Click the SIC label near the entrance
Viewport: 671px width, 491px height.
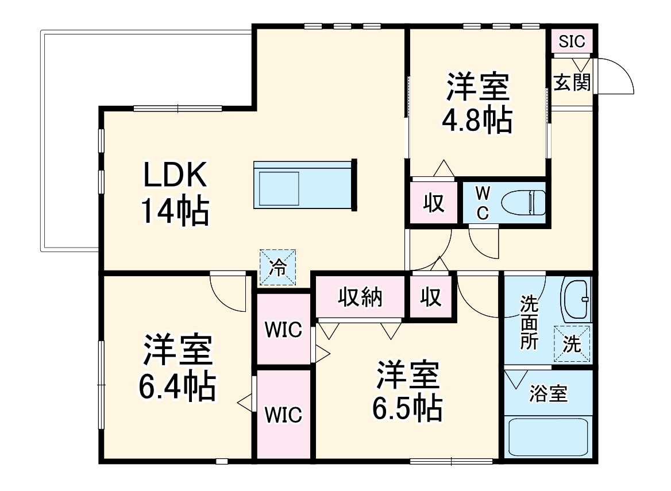tap(572, 41)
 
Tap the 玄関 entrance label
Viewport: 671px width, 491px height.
tap(572, 83)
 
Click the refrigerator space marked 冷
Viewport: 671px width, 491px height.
tap(277, 267)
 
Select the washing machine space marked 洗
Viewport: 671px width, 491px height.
tap(572, 343)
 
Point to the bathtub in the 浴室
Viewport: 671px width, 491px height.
tap(548, 436)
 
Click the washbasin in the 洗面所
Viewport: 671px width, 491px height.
tap(576, 300)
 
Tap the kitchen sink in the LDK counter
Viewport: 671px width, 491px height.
tap(279, 188)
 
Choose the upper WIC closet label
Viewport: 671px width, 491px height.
tap(283, 330)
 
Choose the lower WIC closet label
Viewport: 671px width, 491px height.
tap(283, 415)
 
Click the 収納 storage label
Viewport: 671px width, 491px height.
tap(360, 297)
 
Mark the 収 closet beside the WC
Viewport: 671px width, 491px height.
tap(434, 203)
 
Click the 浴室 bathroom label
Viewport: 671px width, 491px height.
tap(548, 394)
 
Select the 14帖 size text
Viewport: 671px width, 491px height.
tap(174, 212)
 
